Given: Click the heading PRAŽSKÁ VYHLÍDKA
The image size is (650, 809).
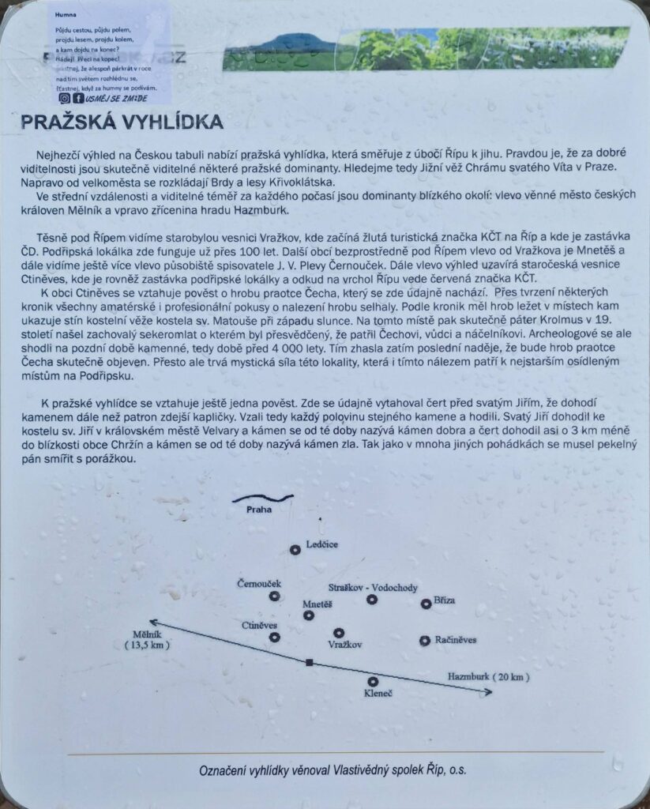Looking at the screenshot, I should point(121,122).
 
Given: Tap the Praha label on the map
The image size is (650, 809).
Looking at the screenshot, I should point(259,510).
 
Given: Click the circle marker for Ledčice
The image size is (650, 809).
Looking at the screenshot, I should point(295,549).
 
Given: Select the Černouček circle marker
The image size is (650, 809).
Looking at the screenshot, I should point(274,596).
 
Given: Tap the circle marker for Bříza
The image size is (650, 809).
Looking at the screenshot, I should point(426,604).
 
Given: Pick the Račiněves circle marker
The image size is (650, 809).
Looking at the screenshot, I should point(425,640).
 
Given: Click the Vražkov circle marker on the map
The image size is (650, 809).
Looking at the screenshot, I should point(339,633).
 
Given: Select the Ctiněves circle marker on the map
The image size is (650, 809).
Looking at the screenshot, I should point(274,637).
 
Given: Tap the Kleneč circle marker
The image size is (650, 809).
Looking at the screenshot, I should point(373,681).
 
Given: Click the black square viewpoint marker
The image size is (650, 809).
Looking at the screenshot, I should point(310,662).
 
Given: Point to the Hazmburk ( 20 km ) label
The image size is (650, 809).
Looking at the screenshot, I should point(488,677).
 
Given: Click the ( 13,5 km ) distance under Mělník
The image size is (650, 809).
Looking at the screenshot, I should point(148,645).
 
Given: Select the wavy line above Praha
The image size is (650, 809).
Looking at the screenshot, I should point(262,499).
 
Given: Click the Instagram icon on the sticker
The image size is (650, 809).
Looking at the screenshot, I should point(64,98).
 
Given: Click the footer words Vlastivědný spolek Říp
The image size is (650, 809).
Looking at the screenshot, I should point(389,770).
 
